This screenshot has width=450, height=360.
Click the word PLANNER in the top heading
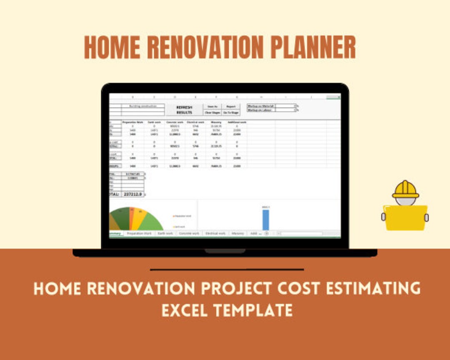pos(313,47)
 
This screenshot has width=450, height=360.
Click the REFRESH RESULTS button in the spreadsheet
pos(184,110)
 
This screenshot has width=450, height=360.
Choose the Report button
pos(231,107)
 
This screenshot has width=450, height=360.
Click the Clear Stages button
pos(212,113)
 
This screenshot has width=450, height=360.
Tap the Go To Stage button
pos(231,113)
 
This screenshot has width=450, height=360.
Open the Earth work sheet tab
pos(165,234)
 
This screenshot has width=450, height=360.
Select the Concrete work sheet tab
pos(189,234)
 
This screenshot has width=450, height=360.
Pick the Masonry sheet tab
pos(237,234)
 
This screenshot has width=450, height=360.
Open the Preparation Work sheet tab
pos(139,234)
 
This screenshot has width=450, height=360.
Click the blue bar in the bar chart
pos(266,220)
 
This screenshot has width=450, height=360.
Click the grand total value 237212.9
pos(132,194)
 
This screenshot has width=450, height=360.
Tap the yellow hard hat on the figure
pos(405,190)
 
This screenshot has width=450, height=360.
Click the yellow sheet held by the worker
pos(405,217)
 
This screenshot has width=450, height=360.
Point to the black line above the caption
pos(227,270)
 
